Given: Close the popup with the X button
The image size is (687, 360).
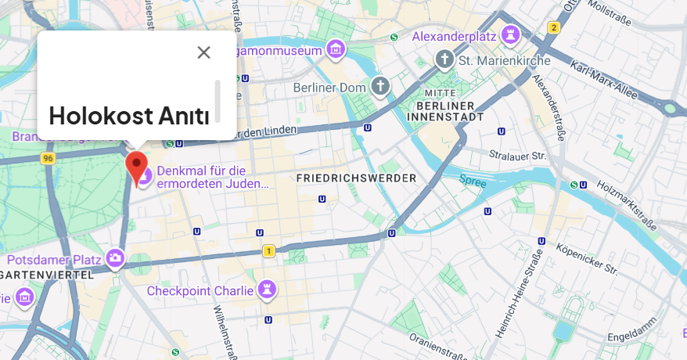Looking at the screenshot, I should [x=203, y=52].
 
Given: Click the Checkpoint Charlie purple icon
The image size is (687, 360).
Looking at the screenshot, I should [x=268, y=290].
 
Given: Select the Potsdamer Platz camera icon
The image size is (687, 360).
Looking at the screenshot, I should [x=116, y=257].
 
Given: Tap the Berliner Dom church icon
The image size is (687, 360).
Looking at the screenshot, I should [x=380, y=86].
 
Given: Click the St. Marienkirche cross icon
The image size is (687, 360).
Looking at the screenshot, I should [x=444, y=59].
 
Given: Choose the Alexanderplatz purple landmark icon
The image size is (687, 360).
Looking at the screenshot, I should [x=512, y=34].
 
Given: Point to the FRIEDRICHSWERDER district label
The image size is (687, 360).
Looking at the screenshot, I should [x=356, y=179].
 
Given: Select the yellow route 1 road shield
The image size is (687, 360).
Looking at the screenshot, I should [x=269, y=251].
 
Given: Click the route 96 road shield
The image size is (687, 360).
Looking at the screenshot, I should [x=49, y=158].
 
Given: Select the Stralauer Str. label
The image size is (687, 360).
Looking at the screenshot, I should [x=516, y=155].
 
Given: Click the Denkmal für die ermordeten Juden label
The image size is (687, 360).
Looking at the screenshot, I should [x=212, y=178].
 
